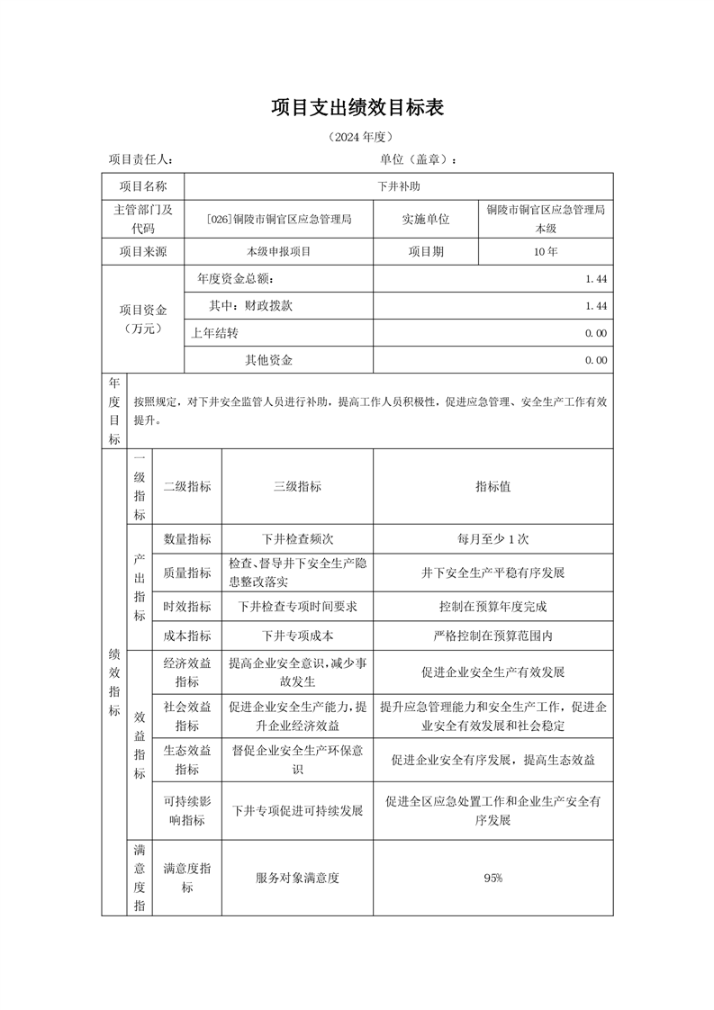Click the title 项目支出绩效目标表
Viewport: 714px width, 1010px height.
point(357,109)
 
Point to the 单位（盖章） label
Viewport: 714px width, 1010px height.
point(419,159)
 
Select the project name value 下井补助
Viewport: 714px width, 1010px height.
point(398,186)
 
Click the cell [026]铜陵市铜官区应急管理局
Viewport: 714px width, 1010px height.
point(278,219)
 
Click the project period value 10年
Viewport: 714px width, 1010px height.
point(545,252)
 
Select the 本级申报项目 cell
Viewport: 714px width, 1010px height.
point(278,252)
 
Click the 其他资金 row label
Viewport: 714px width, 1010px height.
point(269,360)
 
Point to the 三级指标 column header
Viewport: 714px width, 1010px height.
point(297,486)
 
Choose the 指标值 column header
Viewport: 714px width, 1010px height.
point(493,486)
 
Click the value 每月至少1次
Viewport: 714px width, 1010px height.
point(493,539)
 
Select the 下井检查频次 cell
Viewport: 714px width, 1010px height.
point(297,539)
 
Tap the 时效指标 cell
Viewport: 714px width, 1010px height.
point(187,606)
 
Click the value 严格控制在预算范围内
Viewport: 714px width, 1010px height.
point(493,636)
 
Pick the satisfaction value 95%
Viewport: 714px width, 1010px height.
point(493,878)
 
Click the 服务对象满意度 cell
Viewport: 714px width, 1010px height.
point(297,878)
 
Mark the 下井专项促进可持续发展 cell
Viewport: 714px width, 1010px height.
point(297,810)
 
